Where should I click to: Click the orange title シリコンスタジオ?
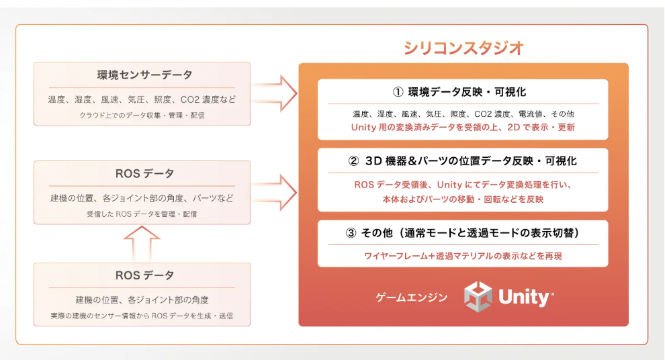(x=463, y=48)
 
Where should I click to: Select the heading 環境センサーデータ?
(x=144, y=75)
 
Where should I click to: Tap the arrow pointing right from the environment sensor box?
(x=275, y=94)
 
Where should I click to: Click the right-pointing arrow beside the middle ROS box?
(x=275, y=193)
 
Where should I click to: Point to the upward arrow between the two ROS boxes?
(x=142, y=243)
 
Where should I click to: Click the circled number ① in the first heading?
(x=398, y=92)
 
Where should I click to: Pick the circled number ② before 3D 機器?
(x=354, y=161)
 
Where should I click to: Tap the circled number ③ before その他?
(x=351, y=233)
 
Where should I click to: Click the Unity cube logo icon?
(x=478, y=297)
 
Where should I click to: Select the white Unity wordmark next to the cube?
(x=526, y=298)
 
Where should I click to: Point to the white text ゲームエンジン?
(x=411, y=298)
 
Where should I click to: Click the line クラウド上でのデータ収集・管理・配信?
(x=142, y=116)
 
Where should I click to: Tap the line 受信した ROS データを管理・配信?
(x=142, y=214)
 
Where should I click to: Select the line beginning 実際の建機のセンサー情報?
(x=142, y=316)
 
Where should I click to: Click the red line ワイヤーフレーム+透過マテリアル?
(x=463, y=256)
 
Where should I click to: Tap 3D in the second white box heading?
(x=374, y=161)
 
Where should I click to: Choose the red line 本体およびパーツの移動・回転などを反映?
(x=463, y=199)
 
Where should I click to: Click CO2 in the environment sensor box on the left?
(x=189, y=99)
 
